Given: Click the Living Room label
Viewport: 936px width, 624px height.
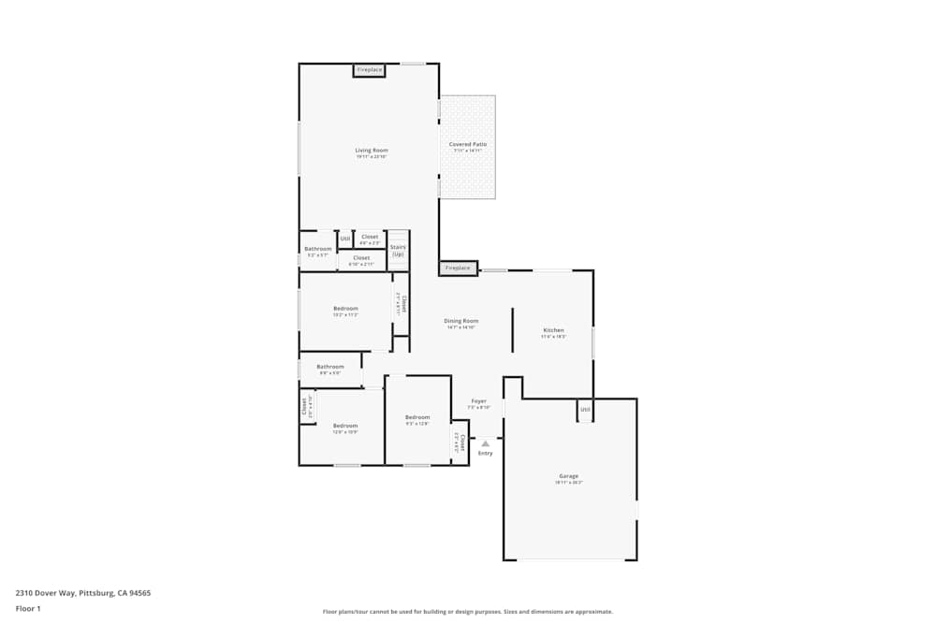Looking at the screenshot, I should [x=371, y=151].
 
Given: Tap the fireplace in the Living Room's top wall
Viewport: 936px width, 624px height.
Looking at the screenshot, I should [x=369, y=70].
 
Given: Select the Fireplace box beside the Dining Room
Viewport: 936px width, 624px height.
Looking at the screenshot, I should [x=458, y=268].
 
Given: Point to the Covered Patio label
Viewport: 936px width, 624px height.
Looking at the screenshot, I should [x=467, y=145].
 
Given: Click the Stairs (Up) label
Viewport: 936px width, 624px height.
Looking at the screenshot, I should [x=398, y=251].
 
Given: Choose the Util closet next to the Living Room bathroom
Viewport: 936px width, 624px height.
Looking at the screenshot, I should [x=344, y=239].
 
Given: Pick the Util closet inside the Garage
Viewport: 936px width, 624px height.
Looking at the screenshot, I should [x=585, y=410].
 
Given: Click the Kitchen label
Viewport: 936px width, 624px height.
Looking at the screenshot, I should [x=553, y=330].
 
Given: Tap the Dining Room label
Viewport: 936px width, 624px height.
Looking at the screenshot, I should [x=461, y=321].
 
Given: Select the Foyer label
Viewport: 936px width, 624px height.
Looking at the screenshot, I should [x=478, y=401].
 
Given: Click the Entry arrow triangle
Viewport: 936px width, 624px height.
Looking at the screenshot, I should [x=485, y=443].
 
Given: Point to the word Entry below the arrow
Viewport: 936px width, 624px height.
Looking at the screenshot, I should [x=485, y=454].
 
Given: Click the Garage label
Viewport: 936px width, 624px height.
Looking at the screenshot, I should [x=568, y=477].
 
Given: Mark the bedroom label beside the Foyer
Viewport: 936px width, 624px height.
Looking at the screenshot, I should [x=417, y=417].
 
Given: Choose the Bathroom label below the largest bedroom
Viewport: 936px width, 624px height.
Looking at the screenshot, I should [x=330, y=367].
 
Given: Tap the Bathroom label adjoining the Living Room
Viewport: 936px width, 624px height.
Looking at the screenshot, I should [x=317, y=249].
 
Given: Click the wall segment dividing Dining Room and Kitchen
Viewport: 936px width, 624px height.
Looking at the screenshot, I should [x=512, y=328].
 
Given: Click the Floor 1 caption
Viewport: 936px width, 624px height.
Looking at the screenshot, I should [x=28, y=608].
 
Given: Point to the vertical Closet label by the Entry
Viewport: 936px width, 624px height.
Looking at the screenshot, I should [x=461, y=442].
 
